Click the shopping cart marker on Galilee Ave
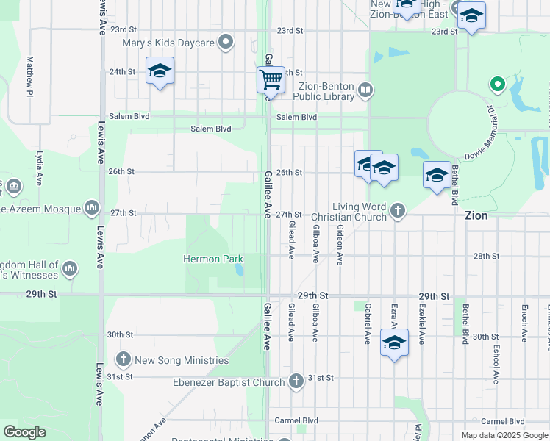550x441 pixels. (271, 79)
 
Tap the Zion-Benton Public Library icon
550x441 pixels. (365, 90)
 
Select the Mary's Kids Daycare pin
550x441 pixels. (226, 43)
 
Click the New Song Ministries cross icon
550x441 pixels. (123, 359)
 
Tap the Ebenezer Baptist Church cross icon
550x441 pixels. (296, 381)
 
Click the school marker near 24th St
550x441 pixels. (160, 71)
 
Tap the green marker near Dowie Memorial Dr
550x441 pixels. (498, 85)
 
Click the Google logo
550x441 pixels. (25, 432)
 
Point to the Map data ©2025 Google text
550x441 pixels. (504, 435)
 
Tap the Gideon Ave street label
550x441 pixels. (340, 245)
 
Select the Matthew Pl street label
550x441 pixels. (30, 76)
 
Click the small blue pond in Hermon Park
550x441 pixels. (240, 270)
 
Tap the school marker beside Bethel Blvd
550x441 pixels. (437, 176)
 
